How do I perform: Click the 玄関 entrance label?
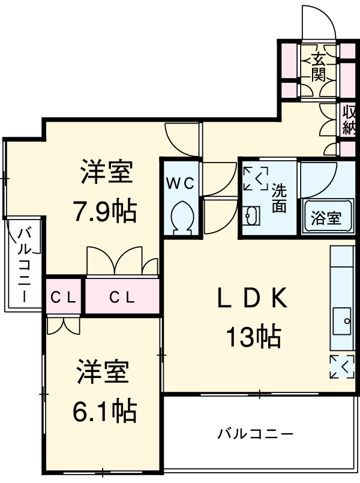click(x=319, y=67)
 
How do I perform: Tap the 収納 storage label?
click(x=349, y=120)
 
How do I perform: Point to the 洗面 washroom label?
click(x=279, y=198)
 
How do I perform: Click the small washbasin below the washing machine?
click(x=251, y=215)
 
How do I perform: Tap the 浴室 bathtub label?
click(x=326, y=218)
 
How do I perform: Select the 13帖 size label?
click(x=253, y=338)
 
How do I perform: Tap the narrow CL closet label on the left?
click(x=62, y=296)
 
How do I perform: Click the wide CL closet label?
click(x=122, y=296)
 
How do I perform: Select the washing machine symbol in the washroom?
click(x=256, y=178)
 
